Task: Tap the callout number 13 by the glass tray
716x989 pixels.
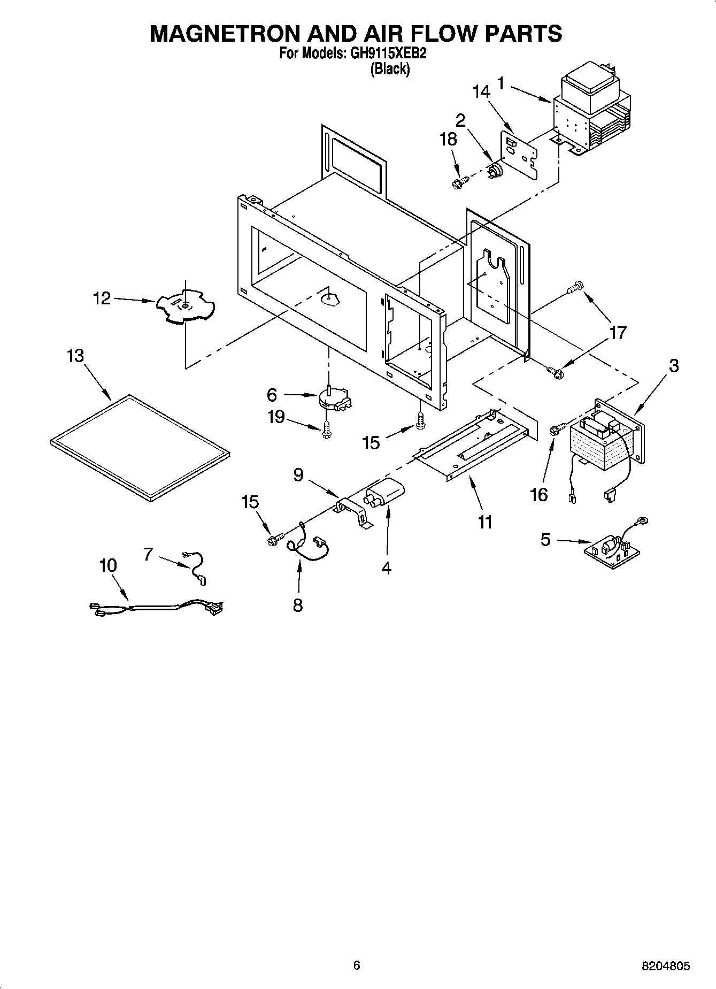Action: click(x=75, y=356)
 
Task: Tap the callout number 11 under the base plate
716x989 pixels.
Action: click(x=484, y=522)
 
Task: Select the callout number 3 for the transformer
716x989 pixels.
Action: click(x=673, y=366)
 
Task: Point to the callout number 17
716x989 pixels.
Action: click(x=617, y=333)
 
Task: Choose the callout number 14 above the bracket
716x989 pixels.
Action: click(x=481, y=91)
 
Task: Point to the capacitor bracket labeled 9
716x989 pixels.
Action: click(x=353, y=511)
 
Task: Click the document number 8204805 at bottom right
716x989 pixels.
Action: click(x=665, y=965)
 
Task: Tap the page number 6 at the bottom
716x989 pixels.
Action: click(x=357, y=965)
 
